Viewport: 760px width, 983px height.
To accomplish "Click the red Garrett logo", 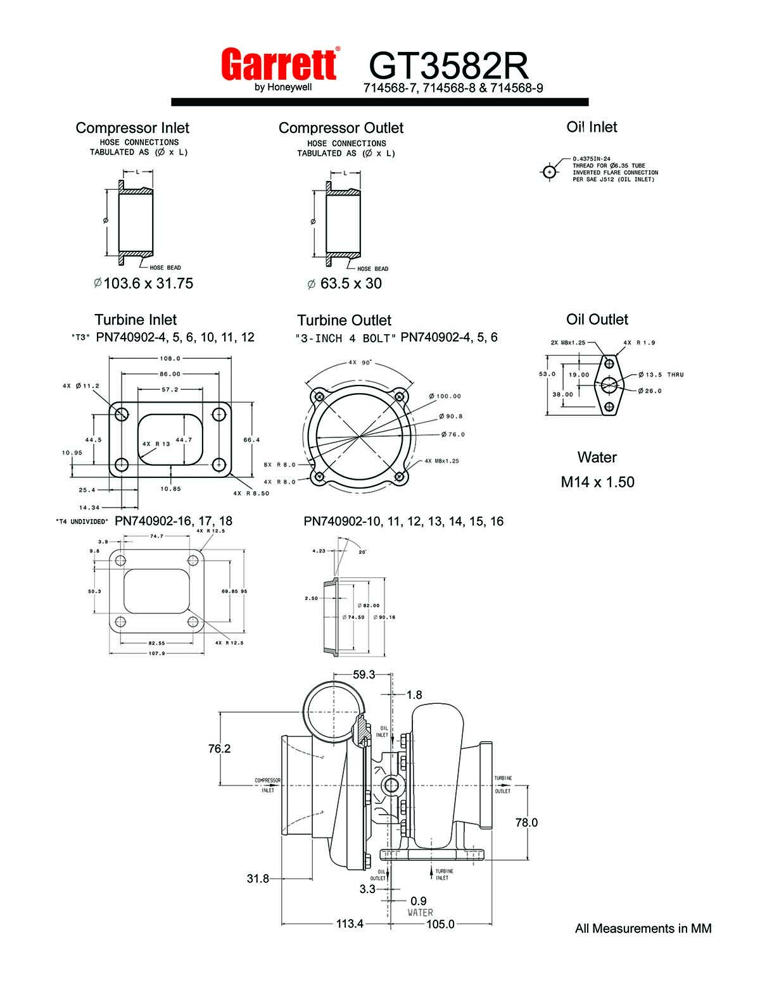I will pos(280,65).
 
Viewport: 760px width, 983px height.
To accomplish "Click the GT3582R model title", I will pos(448,65).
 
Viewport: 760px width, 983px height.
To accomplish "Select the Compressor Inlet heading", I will pos(132,128).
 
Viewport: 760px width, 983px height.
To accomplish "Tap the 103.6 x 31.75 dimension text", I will pos(143,283).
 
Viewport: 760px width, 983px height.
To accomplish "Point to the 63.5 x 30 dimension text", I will pos(345,283).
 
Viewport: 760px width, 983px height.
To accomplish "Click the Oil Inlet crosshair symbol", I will pos(549,172).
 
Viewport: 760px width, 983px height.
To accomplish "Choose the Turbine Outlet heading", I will pos(345,320).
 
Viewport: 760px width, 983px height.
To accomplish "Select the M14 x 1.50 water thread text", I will pos(597,482).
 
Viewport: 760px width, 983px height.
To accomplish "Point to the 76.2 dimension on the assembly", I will pos(219,748).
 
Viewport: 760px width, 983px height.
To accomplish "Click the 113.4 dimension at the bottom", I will pos(350,924).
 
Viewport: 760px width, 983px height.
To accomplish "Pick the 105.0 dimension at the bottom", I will pos(440,924).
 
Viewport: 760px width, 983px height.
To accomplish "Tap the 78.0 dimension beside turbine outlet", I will pos(526,822).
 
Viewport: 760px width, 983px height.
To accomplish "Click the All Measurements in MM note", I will pos(643,929).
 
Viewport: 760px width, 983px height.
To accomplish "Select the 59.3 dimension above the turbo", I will pos(364,675).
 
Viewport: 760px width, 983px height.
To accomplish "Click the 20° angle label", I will pos(362,551).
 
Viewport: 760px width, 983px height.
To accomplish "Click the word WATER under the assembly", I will pos(421,912).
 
